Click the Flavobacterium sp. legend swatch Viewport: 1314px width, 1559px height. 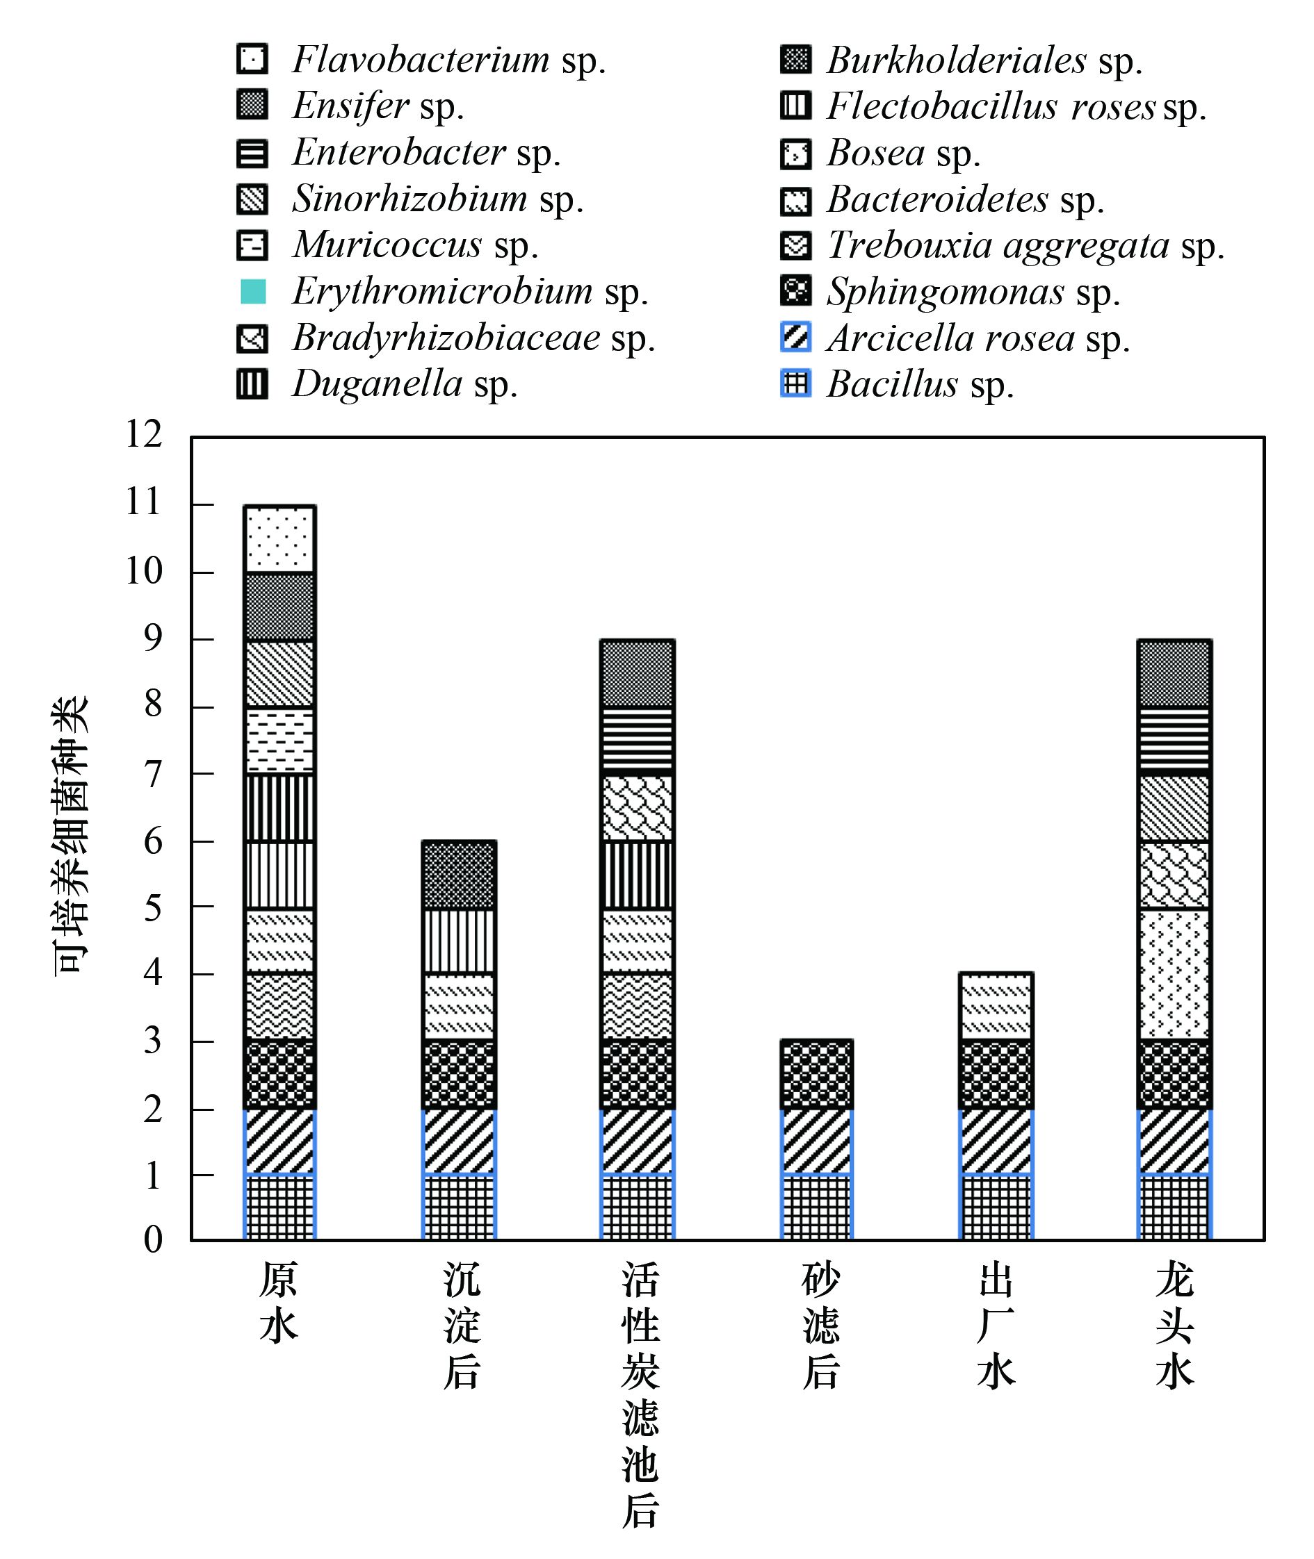click(252, 59)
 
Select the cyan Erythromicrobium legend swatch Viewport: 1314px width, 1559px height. click(252, 291)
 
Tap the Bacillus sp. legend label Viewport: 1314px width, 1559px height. click(920, 385)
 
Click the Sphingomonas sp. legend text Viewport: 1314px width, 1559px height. click(973, 292)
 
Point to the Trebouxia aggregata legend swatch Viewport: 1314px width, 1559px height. click(795, 246)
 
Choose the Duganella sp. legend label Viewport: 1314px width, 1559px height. click(405, 385)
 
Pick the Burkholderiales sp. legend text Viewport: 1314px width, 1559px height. click(984, 60)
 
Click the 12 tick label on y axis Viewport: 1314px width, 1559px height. click(144, 434)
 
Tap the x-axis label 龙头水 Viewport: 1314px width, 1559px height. click(1175, 1326)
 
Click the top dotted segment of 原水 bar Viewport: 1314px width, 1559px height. click(279, 539)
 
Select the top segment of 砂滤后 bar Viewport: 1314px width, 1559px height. click(816, 1074)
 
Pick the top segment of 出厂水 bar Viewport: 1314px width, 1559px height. click(996, 1006)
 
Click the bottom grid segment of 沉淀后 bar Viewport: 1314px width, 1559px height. click(458, 1207)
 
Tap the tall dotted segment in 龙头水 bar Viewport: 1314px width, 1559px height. click(1175, 974)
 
